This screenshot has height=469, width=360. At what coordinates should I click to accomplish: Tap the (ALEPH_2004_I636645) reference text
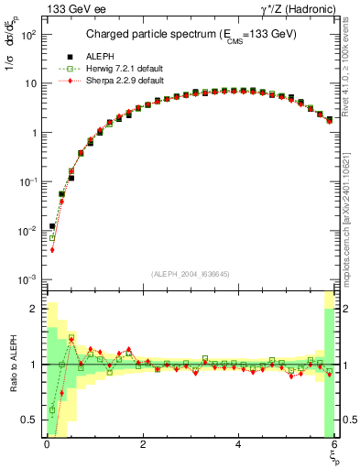point(191,275)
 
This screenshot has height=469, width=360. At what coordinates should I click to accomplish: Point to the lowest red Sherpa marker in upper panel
point(52,249)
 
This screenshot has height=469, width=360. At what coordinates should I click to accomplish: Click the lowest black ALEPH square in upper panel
point(52,225)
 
